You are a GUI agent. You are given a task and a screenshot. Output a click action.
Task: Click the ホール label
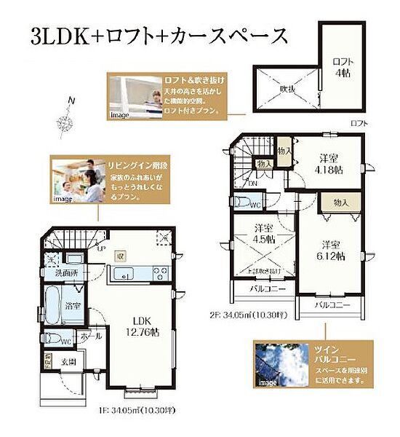(91, 338)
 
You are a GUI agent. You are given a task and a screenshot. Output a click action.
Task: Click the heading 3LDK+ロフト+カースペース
(160, 35)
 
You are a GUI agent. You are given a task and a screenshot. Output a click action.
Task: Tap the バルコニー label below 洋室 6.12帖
(333, 305)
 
